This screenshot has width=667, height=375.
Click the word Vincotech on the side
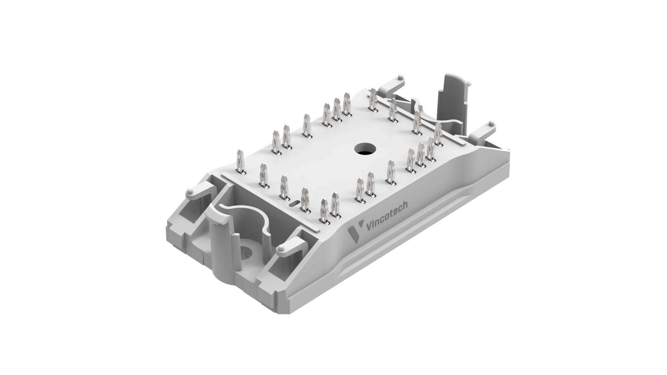pos(387,216)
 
